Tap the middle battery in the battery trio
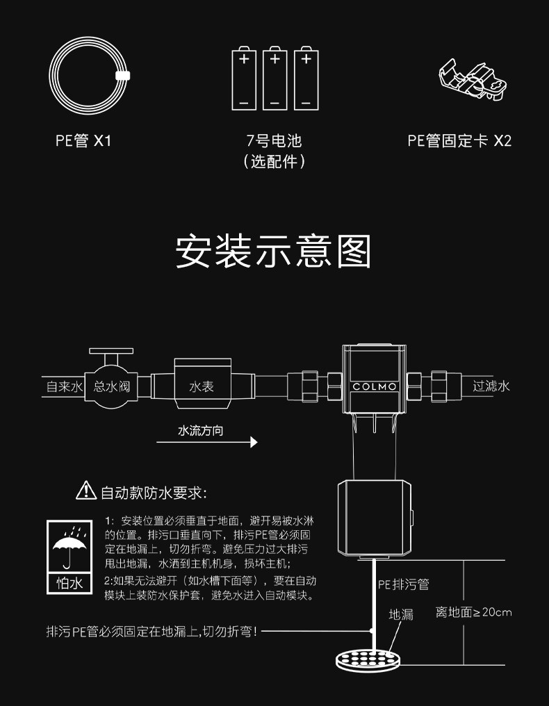[x=274, y=78]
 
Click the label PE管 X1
[x=83, y=141]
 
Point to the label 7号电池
[x=274, y=141]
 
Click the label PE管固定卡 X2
[x=459, y=141]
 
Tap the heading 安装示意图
[x=274, y=252]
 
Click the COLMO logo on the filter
[x=374, y=386]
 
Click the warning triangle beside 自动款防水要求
[x=85, y=491]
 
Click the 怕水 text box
[x=69, y=582]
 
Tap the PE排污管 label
[x=403, y=585]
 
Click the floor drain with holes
[x=368, y=657]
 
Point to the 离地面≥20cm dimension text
[x=473, y=612]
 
